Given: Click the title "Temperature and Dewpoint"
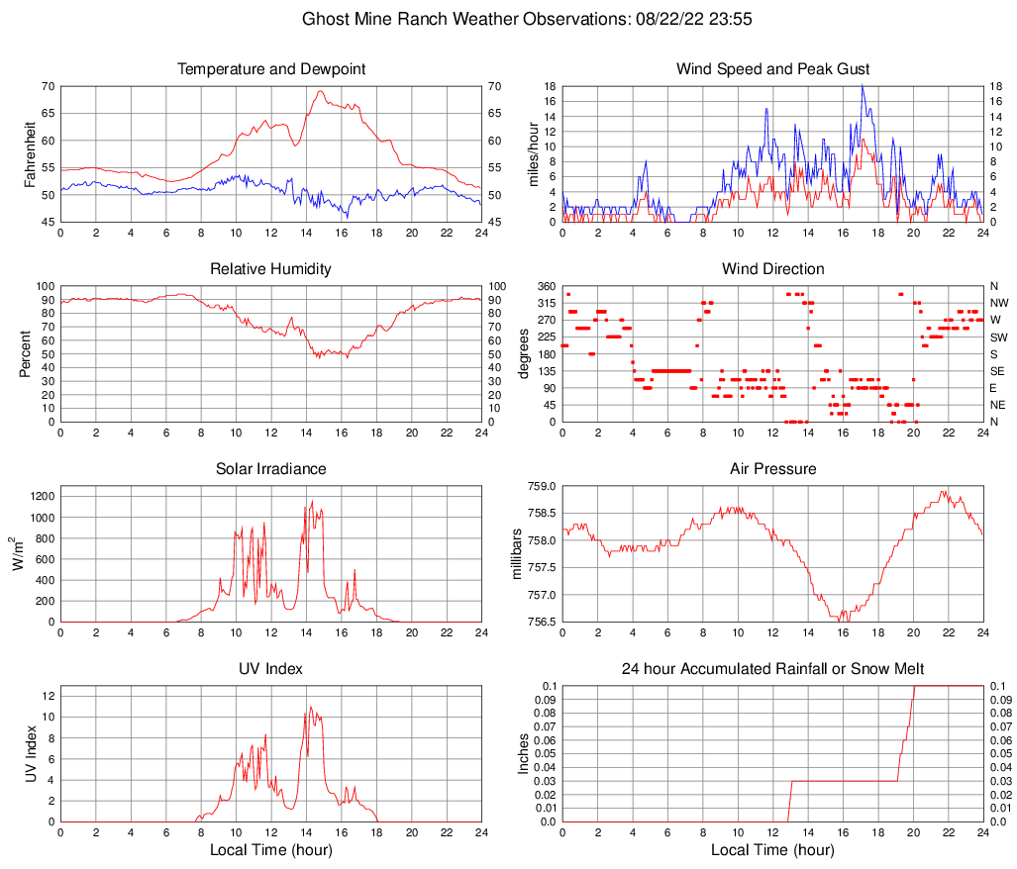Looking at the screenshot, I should click(270, 69).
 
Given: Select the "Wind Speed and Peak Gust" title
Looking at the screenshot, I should click(772, 69).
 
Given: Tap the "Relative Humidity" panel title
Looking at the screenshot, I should click(270, 269).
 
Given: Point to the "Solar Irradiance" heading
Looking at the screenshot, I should click(270, 469).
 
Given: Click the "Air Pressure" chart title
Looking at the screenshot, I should click(772, 469).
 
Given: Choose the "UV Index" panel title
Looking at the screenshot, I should click(270, 669).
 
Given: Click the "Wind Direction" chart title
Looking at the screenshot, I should click(772, 269).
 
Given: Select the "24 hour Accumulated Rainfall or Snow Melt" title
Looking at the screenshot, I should click(772, 669).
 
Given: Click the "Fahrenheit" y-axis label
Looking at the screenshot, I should click(30, 153).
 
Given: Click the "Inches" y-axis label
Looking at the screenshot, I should click(525, 753).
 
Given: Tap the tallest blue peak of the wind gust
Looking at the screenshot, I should click(863, 85).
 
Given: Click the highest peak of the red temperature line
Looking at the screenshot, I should click(320, 91).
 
